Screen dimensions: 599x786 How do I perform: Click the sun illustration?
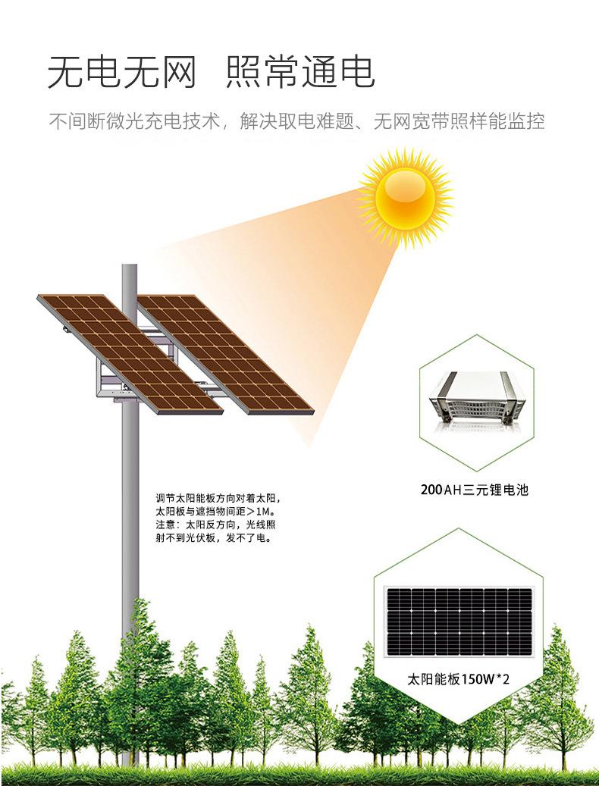406,196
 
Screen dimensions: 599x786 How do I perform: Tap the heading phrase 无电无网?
121,73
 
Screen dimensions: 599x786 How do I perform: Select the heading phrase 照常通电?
301,73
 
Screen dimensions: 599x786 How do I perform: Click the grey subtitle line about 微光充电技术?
296,121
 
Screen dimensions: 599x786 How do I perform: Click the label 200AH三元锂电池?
474,490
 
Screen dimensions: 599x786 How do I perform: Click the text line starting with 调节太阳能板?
218,499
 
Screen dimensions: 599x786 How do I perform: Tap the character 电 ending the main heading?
358,73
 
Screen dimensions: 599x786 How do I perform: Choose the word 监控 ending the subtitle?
528,121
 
